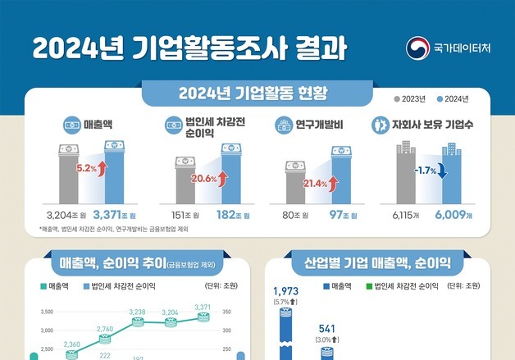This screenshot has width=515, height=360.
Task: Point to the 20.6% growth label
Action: (x=203, y=177)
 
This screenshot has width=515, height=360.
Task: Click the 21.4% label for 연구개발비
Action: (x=315, y=183)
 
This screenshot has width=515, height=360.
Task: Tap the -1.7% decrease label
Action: (x=424, y=170)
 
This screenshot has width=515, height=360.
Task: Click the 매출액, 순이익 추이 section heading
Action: (x=137, y=264)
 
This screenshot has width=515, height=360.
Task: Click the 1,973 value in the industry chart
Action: (x=285, y=291)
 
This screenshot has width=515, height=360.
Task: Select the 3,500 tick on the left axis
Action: (x=47, y=312)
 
